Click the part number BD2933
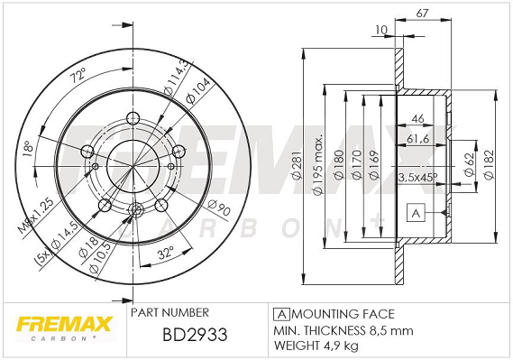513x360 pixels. pyautogui.click(x=195, y=335)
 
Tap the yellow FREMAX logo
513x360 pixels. pyautogui.click(x=65, y=324)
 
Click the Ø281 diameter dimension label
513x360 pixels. pyautogui.click(x=297, y=166)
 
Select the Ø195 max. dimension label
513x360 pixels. pyautogui.click(x=317, y=164)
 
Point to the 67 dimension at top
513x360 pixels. pyautogui.click(x=422, y=14)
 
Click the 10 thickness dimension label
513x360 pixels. pyautogui.click(x=380, y=30)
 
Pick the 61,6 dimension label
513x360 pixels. pyautogui.click(x=417, y=139)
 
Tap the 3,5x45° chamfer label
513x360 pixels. pyautogui.click(x=417, y=177)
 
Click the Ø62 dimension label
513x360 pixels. pyautogui.click(x=470, y=164)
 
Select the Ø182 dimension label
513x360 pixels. pyautogui.click(x=488, y=164)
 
